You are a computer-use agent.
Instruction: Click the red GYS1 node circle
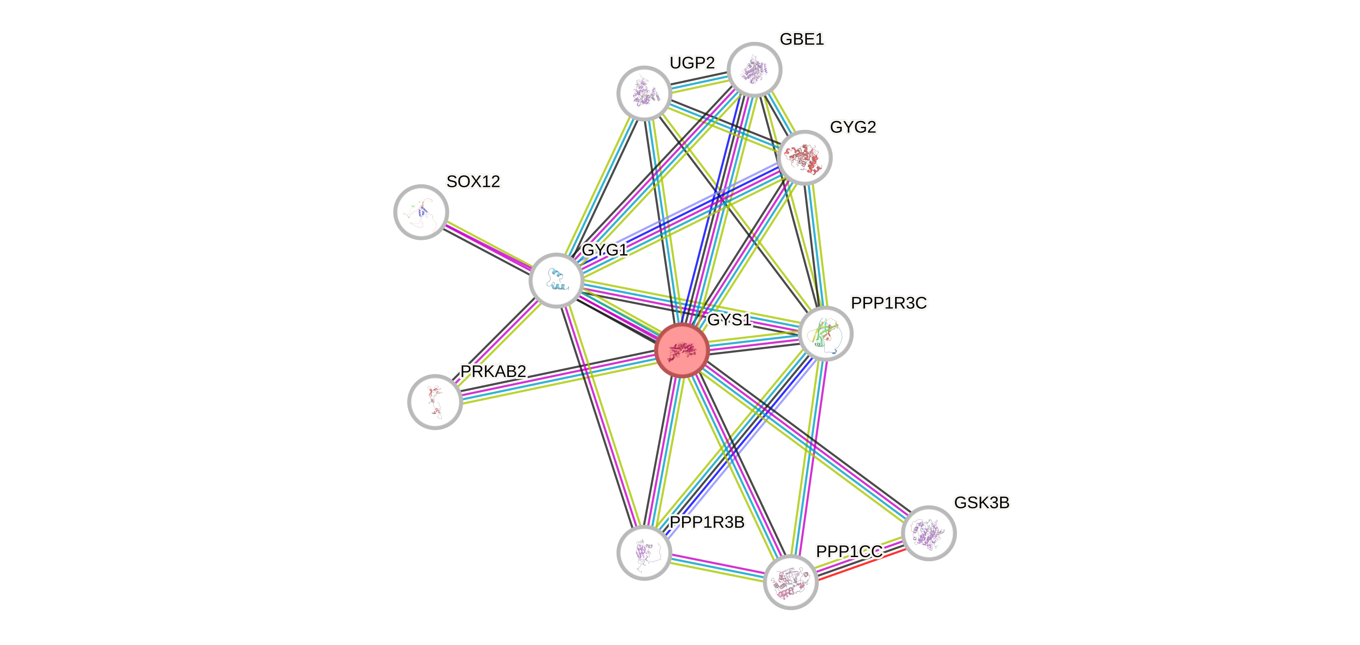point(682,350)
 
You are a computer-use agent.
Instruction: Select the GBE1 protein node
point(754,70)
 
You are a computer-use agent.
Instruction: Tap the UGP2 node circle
point(644,93)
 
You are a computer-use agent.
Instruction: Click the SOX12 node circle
point(421,212)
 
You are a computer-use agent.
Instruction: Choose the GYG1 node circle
point(557,280)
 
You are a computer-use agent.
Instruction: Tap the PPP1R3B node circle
point(644,552)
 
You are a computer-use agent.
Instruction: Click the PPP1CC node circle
point(790,582)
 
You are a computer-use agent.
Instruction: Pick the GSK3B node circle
point(929,532)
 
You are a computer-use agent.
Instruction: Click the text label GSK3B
point(981,502)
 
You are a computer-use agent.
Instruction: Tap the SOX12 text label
point(473,181)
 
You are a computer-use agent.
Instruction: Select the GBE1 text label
point(801,39)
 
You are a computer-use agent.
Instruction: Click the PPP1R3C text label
point(888,303)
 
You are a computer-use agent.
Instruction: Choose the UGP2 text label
point(692,63)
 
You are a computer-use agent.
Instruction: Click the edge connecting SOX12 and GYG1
point(488,245)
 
